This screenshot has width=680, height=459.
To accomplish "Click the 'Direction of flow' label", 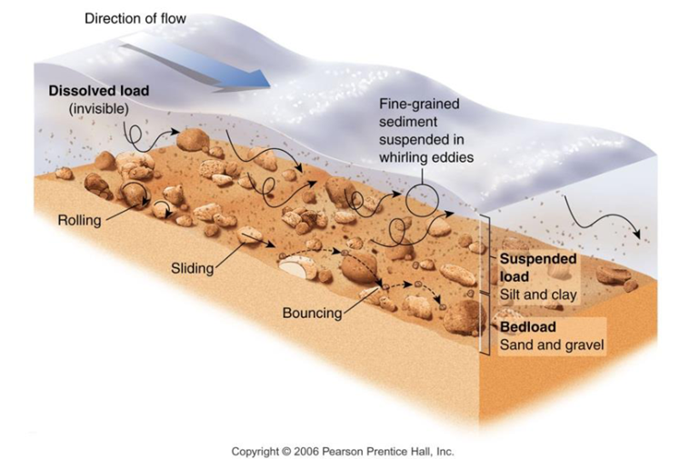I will point(136,18).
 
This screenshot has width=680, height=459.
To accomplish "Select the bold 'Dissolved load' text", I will point(100,92).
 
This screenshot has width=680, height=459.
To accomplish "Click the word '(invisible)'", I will point(99,110).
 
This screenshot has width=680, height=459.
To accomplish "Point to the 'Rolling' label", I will point(79,220).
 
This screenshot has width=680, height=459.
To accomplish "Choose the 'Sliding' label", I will point(192,268).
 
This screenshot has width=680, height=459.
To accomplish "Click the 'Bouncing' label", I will point(312,314).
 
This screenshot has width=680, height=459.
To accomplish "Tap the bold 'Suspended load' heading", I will point(538,267).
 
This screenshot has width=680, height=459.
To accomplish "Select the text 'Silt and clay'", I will point(538,295).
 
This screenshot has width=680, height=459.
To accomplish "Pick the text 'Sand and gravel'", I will point(552,345).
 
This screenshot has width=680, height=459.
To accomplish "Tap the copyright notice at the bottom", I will point(342,451).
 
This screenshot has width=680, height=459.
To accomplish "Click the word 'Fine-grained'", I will point(419,105).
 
